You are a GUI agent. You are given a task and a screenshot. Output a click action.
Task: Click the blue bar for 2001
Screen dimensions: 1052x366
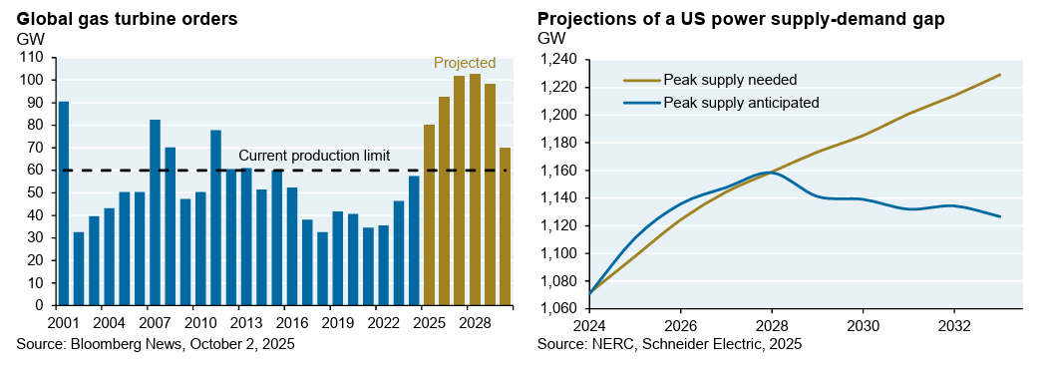click(64, 203)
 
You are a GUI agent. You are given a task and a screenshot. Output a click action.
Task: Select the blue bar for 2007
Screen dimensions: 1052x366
click(155, 212)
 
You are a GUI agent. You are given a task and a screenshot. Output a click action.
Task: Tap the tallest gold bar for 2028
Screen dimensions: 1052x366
click(475, 190)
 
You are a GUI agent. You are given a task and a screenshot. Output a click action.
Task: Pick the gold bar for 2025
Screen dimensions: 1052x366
click(430, 214)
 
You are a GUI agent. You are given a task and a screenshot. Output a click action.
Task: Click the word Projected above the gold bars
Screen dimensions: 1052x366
click(465, 63)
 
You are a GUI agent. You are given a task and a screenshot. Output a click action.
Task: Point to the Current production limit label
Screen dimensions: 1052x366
click(314, 156)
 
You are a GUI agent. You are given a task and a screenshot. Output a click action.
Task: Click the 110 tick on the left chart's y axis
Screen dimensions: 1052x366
click(32, 59)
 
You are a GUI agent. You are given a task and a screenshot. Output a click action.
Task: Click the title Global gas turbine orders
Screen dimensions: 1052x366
click(127, 19)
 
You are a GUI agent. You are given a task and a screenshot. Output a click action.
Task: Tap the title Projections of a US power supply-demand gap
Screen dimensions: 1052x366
click(741, 20)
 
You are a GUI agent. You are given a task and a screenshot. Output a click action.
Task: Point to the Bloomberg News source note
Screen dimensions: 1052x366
click(156, 344)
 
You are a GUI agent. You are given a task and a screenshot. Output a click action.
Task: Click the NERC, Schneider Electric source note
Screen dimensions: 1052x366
click(669, 344)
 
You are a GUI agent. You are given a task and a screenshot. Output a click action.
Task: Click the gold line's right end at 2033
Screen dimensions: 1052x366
click(1000, 75)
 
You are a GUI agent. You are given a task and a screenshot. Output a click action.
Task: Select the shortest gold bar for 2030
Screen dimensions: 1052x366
click(506, 226)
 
